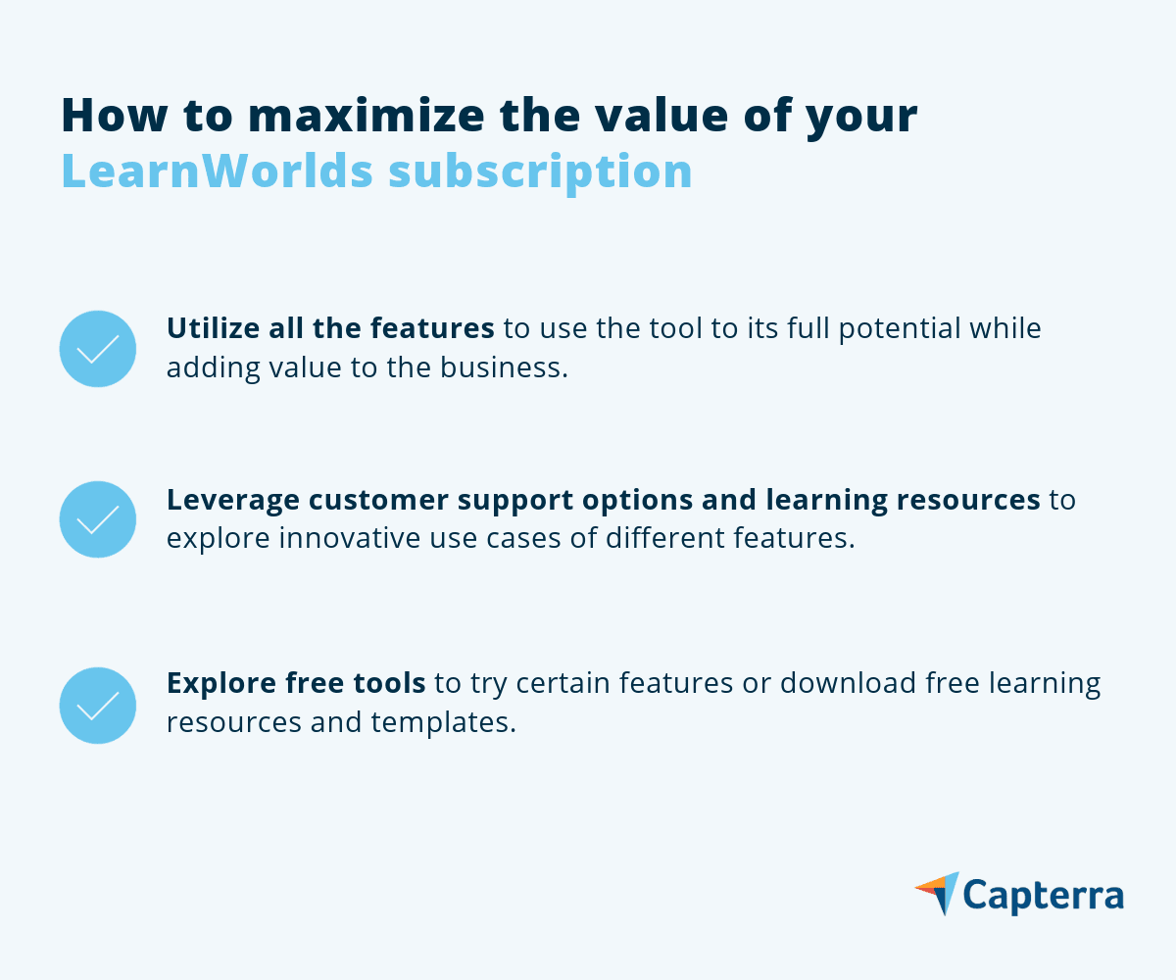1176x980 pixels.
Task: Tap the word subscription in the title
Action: click(x=540, y=172)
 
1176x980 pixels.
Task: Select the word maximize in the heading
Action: click(x=350, y=116)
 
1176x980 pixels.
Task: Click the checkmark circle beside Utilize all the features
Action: click(x=97, y=349)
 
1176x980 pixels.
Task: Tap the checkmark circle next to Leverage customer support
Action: click(x=97, y=519)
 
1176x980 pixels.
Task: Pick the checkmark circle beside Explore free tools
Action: click(x=97, y=706)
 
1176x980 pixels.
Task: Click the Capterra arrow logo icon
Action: click(x=937, y=893)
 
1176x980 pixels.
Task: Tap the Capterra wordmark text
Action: click(x=1043, y=896)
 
